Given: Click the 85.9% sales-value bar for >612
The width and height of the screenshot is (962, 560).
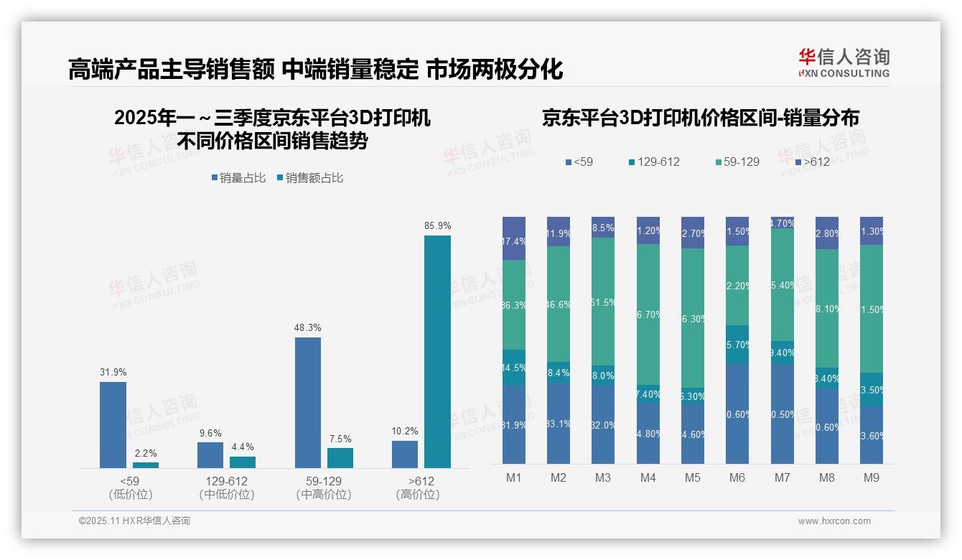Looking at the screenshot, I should [437, 352].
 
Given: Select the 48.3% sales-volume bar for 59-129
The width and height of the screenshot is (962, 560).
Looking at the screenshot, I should [308, 403].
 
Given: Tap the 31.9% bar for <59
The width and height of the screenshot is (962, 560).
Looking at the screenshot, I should [113, 425].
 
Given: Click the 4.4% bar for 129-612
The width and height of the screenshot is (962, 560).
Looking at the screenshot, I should [243, 462].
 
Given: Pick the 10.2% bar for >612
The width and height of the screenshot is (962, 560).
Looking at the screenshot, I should [405, 454].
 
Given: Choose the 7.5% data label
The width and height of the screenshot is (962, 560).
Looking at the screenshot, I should [340, 439].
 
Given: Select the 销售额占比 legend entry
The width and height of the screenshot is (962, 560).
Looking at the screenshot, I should [309, 178].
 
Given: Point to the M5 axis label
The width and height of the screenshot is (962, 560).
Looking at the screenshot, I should [693, 477].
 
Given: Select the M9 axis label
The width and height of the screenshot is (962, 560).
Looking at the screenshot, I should [871, 477].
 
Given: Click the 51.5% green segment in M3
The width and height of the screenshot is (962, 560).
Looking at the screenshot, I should [603, 302].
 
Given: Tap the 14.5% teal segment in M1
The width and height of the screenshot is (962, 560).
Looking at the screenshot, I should [514, 368].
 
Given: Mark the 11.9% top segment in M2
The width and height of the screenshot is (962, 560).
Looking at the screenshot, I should [559, 232].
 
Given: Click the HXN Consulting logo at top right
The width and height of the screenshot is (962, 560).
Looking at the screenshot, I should [844, 63].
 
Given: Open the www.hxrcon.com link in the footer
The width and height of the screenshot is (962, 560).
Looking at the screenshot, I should [834, 521].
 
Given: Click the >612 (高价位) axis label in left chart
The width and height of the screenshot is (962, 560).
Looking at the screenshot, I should [418, 487].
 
